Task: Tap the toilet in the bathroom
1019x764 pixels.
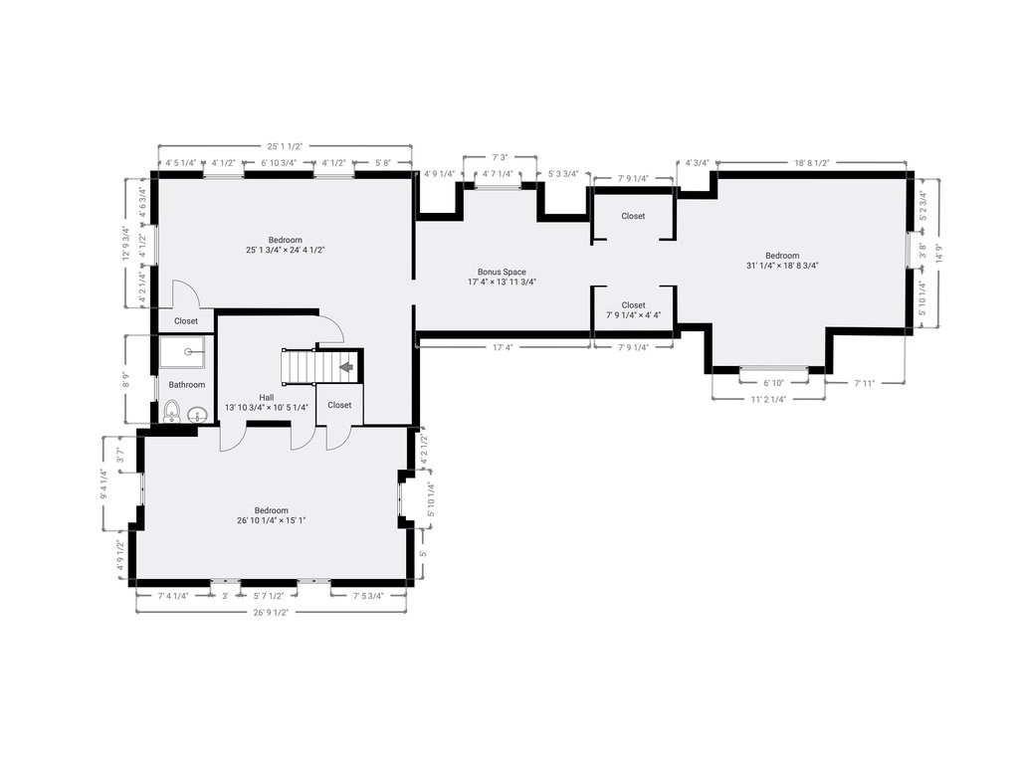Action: (x=172, y=411)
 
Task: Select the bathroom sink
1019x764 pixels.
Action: (x=196, y=416)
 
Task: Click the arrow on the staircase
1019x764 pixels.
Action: (x=345, y=367)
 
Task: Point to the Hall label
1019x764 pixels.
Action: (x=267, y=397)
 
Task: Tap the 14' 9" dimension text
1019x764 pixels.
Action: (x=936, y=254)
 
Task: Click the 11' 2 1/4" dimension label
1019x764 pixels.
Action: (x=767, y=398)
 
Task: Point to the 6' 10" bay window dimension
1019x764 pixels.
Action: (x=774, y=382)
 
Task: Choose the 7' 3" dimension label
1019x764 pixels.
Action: (x=501, y=156)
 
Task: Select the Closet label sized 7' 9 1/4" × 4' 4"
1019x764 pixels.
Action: (x=633, y=305)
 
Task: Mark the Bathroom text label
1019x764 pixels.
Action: (x=186, y=385)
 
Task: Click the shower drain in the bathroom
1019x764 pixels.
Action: (x=187, y=352)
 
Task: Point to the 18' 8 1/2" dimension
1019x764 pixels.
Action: (x=812, y=162)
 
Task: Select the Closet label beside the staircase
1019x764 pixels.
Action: (x=339, y=405)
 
